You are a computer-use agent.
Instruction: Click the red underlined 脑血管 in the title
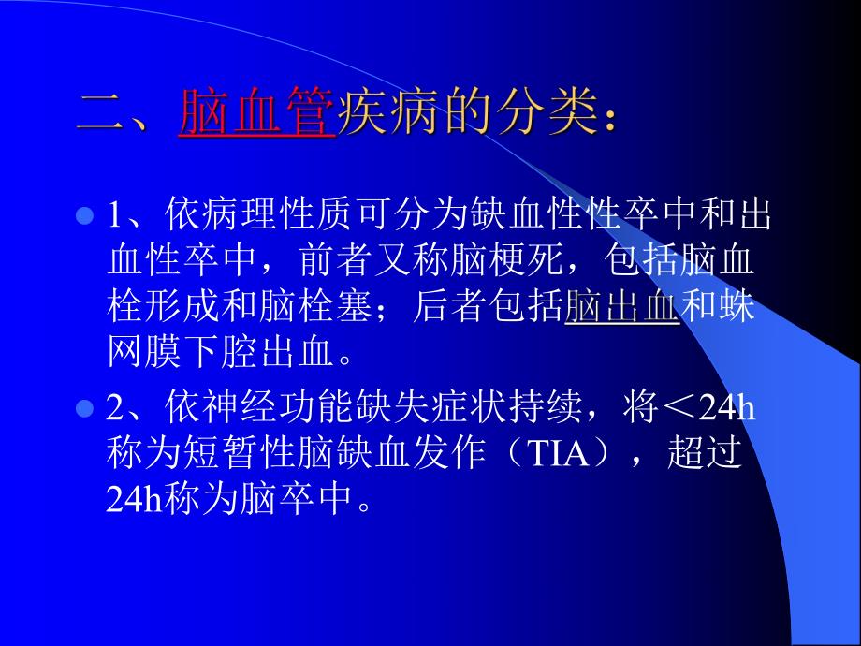pos(255,113)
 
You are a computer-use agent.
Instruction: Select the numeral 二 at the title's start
pos(99,113)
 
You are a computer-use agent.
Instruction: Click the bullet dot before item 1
pos(83,216)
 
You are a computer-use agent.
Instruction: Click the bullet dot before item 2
pos(83,409)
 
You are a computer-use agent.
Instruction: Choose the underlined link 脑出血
pos(621,308)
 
